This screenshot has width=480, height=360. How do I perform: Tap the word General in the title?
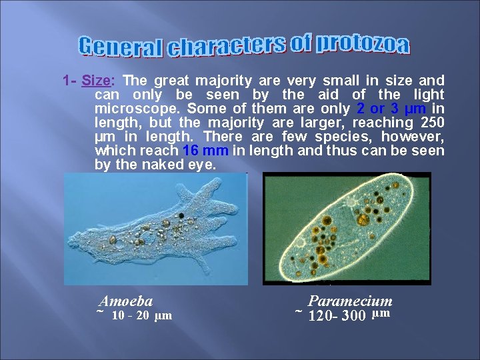(x=121, y=47)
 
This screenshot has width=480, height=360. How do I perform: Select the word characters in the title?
(x=226, y=45)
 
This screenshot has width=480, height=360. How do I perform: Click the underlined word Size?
(x=96, y=81)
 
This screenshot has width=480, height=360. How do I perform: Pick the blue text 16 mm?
(x=210, y=151)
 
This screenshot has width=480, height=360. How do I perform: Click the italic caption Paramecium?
(x=350, y=301)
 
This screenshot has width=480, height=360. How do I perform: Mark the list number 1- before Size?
(x=69, y=81)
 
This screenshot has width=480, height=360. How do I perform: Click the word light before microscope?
(x=426, y=95)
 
